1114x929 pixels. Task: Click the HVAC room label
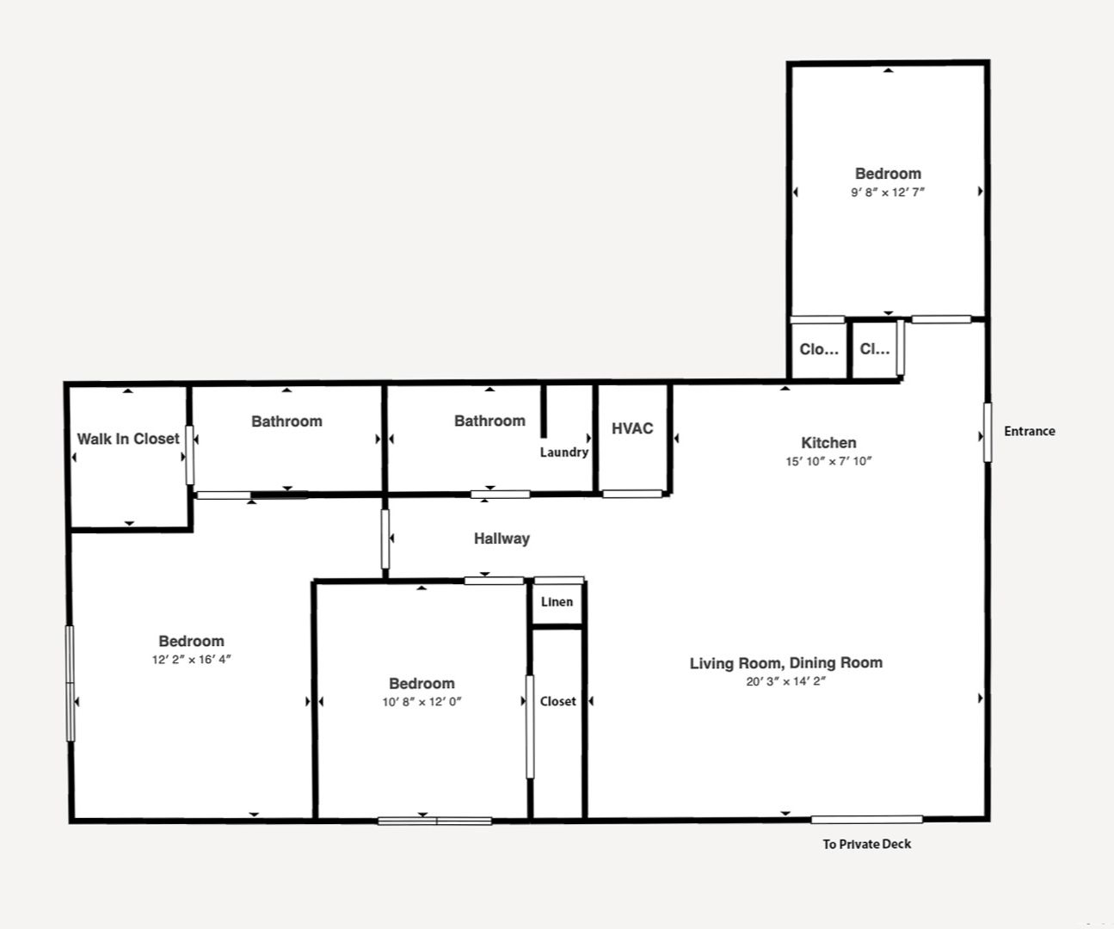(632, 428)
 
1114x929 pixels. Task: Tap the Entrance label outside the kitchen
(1029, 431)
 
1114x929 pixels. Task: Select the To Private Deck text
(866, 844)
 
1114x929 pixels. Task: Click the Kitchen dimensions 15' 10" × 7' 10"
(828, 461)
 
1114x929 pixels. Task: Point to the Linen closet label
(557, 602)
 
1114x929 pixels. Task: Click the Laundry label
(564, 452)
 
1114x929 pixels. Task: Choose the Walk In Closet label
(128, 439)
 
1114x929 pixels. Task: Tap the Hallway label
(502, 538)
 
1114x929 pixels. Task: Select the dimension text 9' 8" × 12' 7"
(888, 192)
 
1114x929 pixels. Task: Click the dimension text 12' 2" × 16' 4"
(192, 660)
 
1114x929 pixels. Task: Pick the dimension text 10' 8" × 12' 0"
(422, 702)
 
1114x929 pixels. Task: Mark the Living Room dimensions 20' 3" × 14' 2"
(786, 681)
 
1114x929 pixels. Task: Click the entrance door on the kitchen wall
(988, 432)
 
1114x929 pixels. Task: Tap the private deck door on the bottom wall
(866, 820)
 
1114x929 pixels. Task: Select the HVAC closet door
(632, 494)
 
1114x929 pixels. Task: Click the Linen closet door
(559, 581)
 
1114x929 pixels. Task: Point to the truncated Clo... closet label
(819, 349)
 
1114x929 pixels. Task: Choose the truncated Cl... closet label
(875, 349)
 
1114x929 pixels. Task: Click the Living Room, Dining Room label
(786, 663)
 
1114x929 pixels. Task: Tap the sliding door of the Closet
(530, 727)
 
